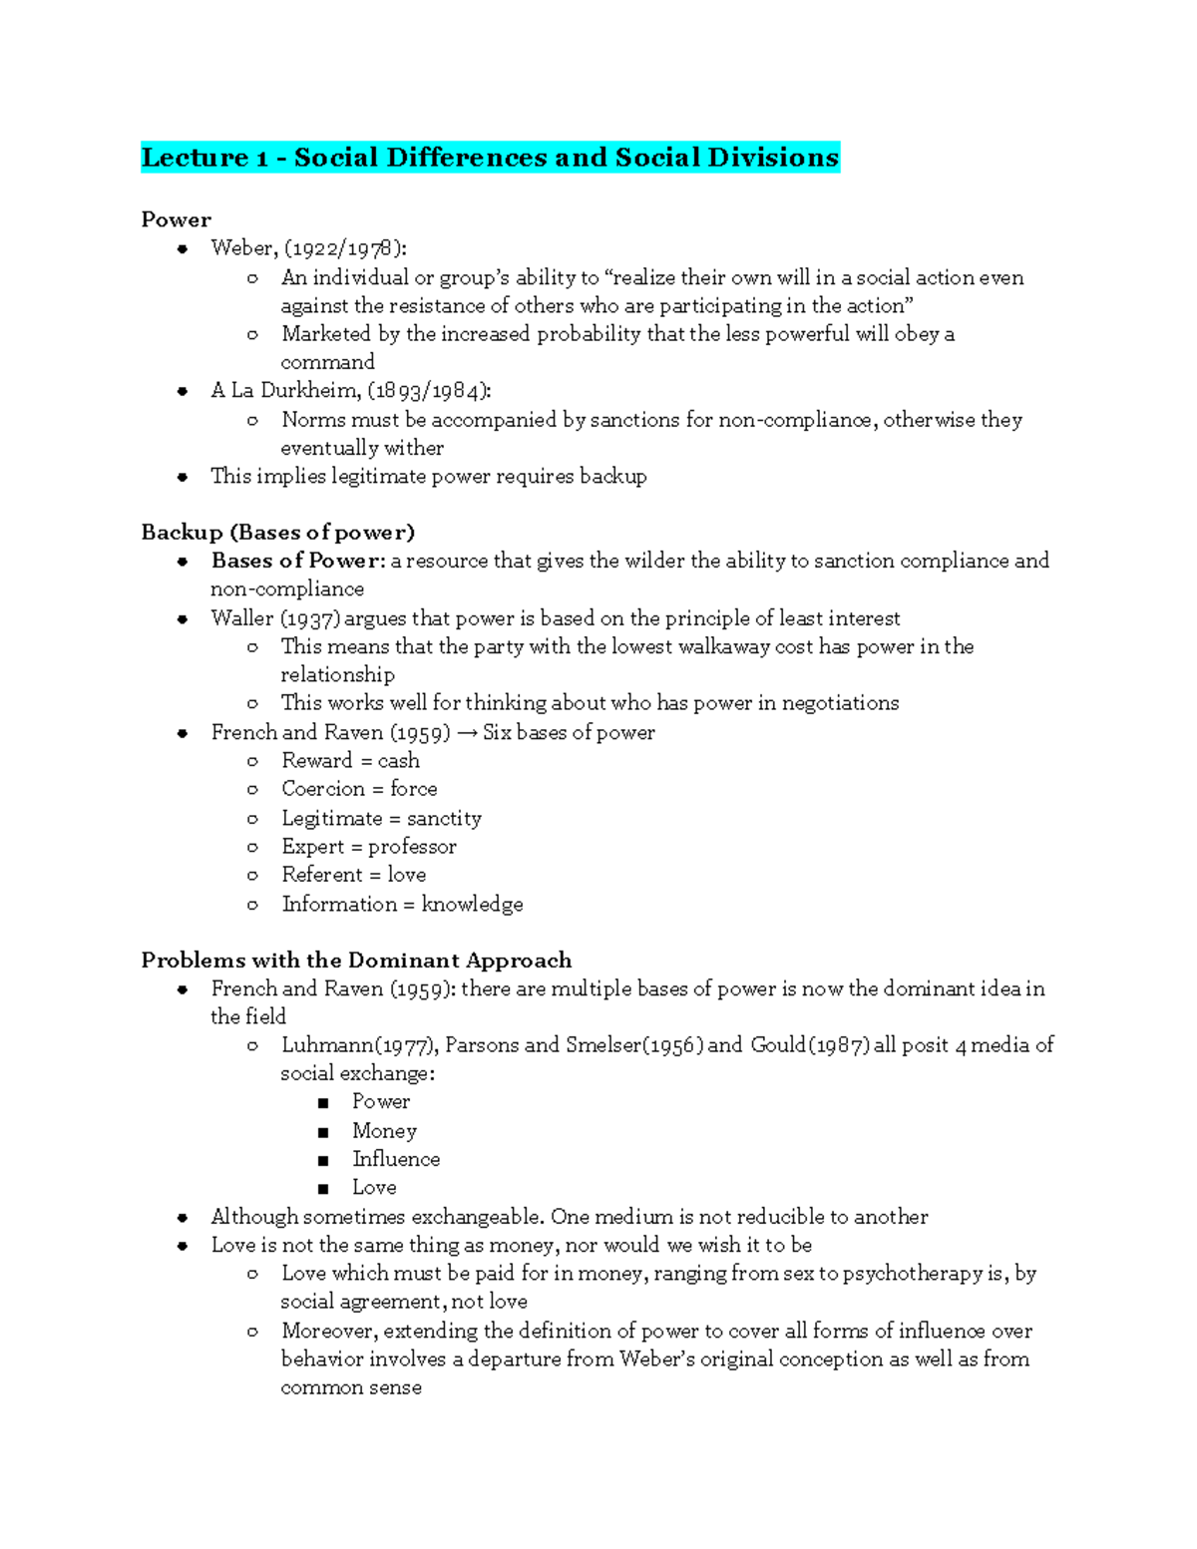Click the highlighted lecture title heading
pos(490,158)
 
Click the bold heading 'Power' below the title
pos(176,219)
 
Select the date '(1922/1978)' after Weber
pos(345,248)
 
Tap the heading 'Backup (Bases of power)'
pos(277,532)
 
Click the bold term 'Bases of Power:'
pos(297,561)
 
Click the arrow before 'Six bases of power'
pos(466,733)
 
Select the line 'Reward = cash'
pos(350,761)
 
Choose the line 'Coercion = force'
pos(359,789)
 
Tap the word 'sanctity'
pos(444,819)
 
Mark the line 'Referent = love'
pos(353,875)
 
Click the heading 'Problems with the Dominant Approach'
pos(356,961)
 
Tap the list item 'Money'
pos(384,1131)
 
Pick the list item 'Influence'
pos(395,1159)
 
